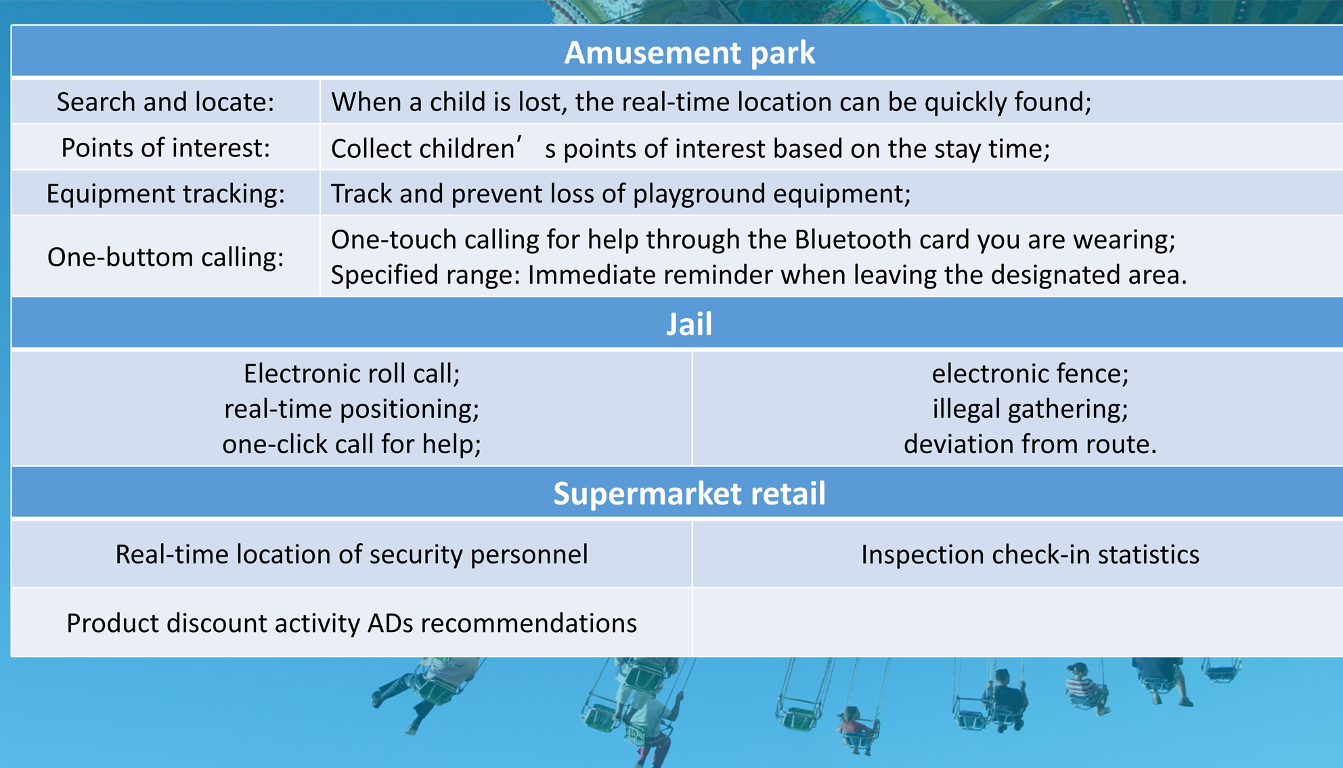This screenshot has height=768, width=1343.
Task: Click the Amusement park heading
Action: click(x=689, y=53)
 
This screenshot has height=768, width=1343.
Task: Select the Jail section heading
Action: click(x=689, y=324)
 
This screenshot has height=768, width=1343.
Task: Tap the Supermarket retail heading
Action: click(x=689, y=493)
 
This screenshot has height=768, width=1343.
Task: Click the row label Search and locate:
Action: click(x=165, y=102)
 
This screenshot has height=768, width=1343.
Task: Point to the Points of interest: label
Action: click(x=165, y=148)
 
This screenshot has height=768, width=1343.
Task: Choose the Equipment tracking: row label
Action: click(x=165, y=194)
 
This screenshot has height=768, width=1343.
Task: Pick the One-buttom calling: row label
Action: click(x=165, y=257)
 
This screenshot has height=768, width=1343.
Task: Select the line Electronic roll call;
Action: click(x=352, y=373)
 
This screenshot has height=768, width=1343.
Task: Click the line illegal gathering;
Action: click(x=1030, y=408)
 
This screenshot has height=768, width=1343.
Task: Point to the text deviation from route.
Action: click(x=1030, y=444)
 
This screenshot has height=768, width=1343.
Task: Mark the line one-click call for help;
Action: click(x=352, y=444)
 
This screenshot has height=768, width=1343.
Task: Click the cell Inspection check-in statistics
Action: click(x=1030, y=555)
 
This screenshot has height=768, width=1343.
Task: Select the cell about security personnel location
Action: click(x=352, y=555)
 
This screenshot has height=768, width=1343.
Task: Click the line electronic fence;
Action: click(x=1030, y=373)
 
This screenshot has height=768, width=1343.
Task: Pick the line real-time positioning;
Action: click(x=352, y=408)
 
